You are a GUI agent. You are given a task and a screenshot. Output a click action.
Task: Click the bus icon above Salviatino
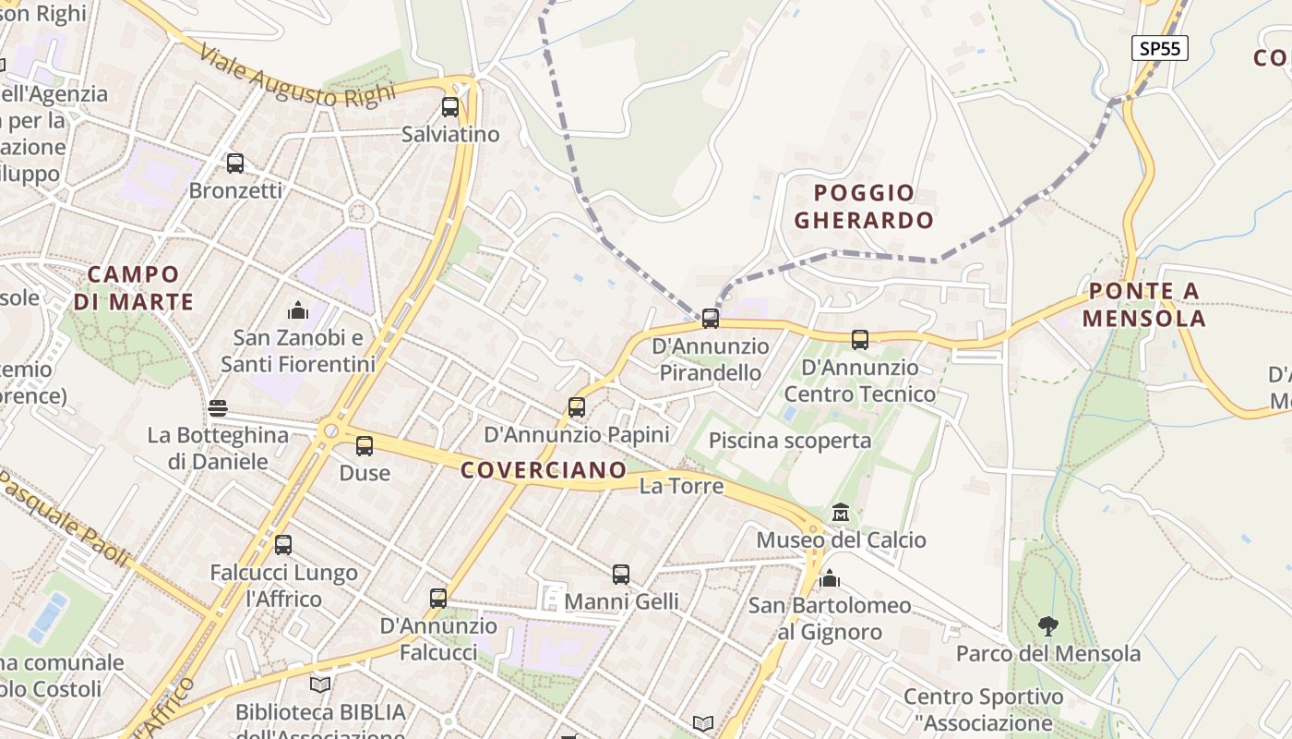tap(450, 107)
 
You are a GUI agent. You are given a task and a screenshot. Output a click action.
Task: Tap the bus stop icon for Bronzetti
tap(235, 164)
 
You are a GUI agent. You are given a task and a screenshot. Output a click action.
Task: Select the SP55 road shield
tap(1159, 48)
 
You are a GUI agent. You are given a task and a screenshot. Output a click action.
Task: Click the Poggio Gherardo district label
tap(864, 206)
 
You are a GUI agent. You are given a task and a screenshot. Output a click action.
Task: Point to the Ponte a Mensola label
tap(1143, 305)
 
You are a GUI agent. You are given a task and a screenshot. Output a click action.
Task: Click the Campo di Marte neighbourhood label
tap(133, 287)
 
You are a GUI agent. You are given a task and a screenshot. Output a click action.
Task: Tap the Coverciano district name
tap(544, 470)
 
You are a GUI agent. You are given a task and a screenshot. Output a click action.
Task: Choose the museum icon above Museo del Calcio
tap(841, 512)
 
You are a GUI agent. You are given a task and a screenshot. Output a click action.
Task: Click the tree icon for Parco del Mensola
tap(1047, 626)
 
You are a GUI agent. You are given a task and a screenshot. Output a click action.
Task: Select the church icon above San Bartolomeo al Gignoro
tap(830, 578)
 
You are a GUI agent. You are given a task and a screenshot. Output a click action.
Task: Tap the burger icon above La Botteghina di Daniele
tap(218, 407)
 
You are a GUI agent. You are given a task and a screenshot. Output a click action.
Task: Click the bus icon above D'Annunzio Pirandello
tap(710, 319)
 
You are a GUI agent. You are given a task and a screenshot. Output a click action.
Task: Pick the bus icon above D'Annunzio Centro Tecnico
tap(860, 340)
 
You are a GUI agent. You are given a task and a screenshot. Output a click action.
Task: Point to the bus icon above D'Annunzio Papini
tap(577, 406)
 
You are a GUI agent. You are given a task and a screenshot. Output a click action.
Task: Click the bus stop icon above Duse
tap(365, 446)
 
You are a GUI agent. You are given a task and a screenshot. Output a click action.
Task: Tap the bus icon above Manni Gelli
tap(621, 575)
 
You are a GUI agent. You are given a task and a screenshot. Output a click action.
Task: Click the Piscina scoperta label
tap(789, 441)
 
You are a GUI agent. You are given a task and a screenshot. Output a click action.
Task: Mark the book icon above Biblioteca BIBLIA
tap(320, 684)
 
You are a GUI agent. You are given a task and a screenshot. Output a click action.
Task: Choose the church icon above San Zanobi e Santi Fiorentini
tap(298, 310)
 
